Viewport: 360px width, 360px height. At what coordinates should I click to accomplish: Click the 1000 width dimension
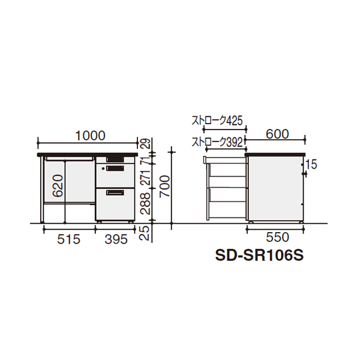pyautogui.click(x=90, y=136)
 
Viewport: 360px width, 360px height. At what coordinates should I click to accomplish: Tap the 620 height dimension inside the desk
pyautogui.click(x=58, y=186)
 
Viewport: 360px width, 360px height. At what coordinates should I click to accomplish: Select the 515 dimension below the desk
pyautogui.click(x=68, y=239)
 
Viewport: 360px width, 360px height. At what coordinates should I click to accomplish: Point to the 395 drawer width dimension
pyautogui.click(x=116, y=239)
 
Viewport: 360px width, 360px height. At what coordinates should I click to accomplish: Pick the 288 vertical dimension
pyautogui.click(x=145, y=203)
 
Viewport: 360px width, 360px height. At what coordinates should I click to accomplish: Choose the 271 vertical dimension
pyautogui.click(x=145, y=177)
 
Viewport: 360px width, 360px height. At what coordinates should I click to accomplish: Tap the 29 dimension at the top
pyautogui.click(x=145, y=144)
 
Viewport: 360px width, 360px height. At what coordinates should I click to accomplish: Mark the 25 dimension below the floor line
pyautogui.click(x=145, y=233)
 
